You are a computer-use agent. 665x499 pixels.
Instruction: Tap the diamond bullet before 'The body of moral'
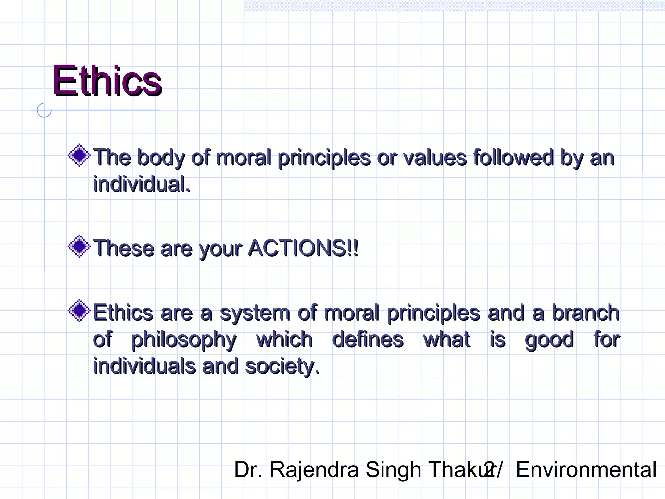coord(79,155)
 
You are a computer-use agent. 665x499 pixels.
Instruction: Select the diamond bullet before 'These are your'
coord(79,246)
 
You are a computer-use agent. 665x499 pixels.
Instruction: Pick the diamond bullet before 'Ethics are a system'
coord(79,311)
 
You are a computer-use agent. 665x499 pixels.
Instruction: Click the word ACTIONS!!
coord(303,248)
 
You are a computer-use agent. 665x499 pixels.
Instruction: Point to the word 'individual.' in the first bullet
coord(142,184)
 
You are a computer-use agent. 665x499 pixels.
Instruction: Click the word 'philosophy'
coord(184,340)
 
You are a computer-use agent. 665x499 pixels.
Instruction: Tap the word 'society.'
coord(282,366)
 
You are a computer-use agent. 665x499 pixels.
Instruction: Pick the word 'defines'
coord(368,339)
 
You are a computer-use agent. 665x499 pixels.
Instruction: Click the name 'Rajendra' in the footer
coord(314,470)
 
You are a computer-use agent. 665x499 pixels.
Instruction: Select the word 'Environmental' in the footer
coord(586,470)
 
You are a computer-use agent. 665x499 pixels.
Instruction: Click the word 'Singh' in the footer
coord(393,470)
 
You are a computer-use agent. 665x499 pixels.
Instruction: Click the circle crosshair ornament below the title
coord(44,110)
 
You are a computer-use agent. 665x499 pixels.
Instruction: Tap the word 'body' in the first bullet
coord(161,158)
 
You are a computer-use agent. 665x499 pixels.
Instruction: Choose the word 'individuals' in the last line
coord(144,366)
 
